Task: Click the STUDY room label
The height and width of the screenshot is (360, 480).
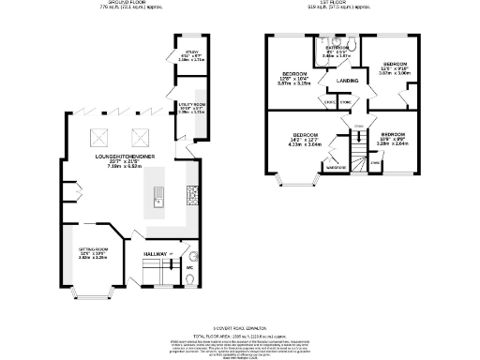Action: [191, 52]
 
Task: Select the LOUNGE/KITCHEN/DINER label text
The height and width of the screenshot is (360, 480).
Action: [126, 157]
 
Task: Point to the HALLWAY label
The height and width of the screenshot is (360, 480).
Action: [155, 254]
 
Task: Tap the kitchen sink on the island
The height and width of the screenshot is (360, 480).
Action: [158, 198]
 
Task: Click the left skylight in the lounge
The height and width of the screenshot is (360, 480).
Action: [99, 134]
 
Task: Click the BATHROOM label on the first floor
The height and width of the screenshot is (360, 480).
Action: [336, 48]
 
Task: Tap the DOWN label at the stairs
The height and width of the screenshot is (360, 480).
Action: [358, 126]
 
